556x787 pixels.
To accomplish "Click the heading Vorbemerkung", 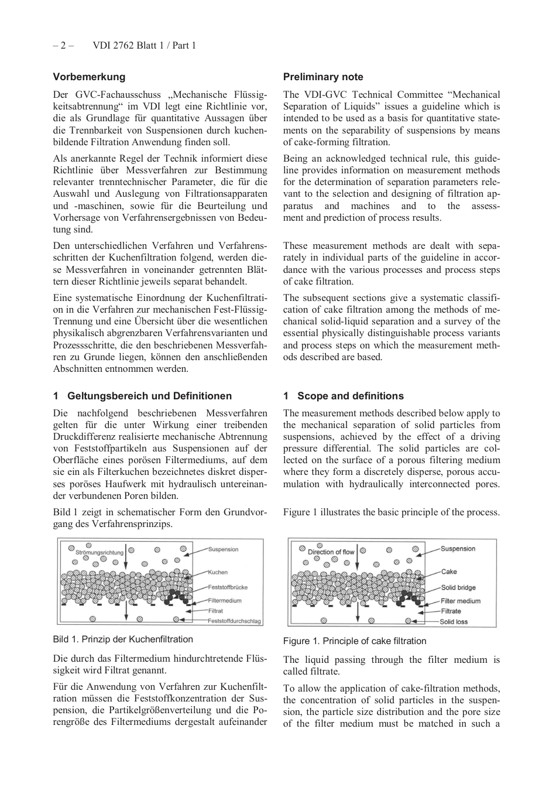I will point(89,77).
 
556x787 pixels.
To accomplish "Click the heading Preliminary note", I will point(323,77).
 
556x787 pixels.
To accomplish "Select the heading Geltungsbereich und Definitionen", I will point(149,396).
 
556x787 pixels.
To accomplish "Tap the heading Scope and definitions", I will point(350,396).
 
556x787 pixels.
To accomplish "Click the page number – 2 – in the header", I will point(63,45).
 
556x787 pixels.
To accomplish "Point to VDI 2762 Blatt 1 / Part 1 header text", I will point(144,45).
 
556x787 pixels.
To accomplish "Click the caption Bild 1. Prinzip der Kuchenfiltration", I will point(122,639).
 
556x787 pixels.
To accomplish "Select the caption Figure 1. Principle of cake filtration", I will point(355,641).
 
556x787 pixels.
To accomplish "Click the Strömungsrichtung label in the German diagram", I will point(99,552).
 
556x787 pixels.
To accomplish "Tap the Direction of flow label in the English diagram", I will point(331,552).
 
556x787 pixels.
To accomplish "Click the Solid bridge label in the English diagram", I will point(458,587).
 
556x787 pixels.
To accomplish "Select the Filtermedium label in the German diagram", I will point(225,600).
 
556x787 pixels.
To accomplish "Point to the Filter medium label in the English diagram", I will point(461,601).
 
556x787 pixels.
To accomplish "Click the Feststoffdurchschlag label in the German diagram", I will point(235,621).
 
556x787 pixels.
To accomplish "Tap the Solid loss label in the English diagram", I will point(454,622).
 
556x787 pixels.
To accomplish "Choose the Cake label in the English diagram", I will point(449,572).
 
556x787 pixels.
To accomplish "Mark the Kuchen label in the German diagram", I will point(218,572).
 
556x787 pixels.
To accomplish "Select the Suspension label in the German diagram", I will point(224,549).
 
